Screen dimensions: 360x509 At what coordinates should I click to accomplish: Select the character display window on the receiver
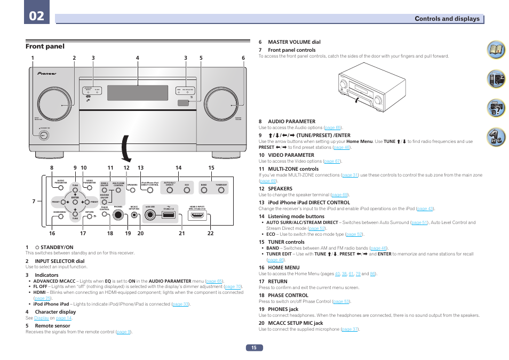coord(138,93)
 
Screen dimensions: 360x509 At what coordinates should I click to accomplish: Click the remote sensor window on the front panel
coord(184,102)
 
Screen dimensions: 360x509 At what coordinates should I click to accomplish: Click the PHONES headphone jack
coord(118,215)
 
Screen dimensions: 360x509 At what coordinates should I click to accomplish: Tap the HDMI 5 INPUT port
coord(197,216)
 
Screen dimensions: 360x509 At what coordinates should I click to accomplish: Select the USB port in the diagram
coord(167,215)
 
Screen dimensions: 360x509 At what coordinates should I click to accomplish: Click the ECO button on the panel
coord(187,190)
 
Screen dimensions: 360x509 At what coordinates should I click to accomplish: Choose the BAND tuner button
coord(204,190)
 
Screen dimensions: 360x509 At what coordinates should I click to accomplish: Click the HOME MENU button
coord(60,217)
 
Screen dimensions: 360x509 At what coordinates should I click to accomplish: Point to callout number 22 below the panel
coord(210,233)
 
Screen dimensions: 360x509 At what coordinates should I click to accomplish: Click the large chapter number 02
coord(37,15)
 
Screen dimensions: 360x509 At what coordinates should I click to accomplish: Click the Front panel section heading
coord(45,46)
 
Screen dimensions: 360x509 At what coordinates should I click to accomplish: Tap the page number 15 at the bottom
coord(254,348)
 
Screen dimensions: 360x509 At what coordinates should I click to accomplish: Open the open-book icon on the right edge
coord(496,51)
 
